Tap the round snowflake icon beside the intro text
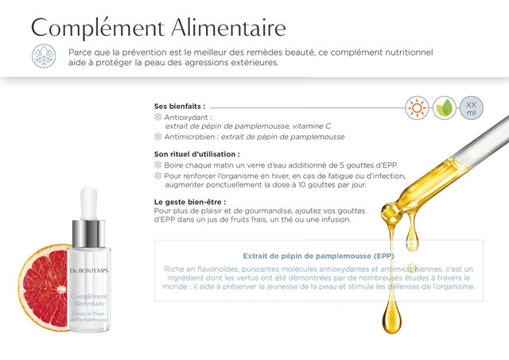click(x=45, y=56)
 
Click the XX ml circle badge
click(x=471, y=107)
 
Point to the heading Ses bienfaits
click(x=180, y=106)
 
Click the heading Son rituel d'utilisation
click(x=196, y=154)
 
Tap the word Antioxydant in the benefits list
click(x=188, y=117)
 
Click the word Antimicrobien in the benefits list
click(x=190, y=137)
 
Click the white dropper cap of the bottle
click(x=89, y=203)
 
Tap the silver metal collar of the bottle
click(x=88, y=233)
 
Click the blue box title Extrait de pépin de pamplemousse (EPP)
click(x=318, y=256)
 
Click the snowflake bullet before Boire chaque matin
click(x=157, y=165)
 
